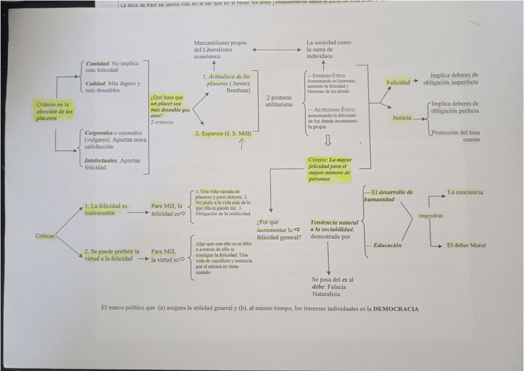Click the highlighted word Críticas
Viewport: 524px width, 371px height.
point(46,236)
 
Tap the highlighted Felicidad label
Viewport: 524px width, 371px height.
point(398,82)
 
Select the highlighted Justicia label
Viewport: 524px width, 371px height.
point(401,117)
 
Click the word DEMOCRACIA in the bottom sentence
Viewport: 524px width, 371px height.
point(395,309)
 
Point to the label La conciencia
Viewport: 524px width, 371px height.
point(465,192)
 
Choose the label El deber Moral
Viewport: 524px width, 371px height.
point(466,245)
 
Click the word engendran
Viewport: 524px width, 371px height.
point(431,216)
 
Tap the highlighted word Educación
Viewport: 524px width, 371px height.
point(387,245)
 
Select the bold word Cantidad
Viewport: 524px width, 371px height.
point(98,64)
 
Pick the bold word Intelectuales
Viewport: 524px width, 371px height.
point(101,161)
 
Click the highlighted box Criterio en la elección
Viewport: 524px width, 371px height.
point(54,111)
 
